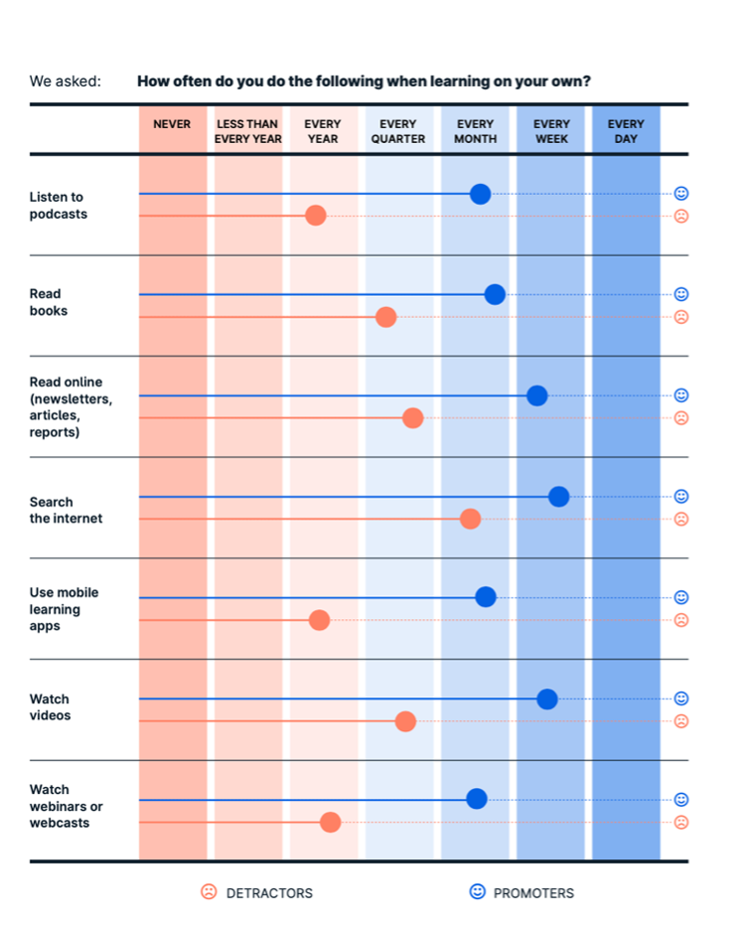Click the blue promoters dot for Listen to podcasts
tap(480, 194)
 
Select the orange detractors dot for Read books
tap(386, 317)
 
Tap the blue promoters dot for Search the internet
tap(558, 497)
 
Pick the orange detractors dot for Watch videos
tap(405, 721)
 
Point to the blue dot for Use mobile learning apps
tap(486, 597)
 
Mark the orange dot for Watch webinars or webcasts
tap(331, 822)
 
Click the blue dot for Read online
tap(537, 395)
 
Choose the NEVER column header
tap(172, 125)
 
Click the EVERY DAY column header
tap(626, 131)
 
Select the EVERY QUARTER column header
tap(398, 131)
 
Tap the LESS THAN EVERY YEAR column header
tap(248, 131)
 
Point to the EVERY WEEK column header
tap(551, 131)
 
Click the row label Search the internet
tap(66, 510)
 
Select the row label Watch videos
tap(50, 707)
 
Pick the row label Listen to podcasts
tap(59, 206)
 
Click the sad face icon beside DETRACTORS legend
tap(209, 892)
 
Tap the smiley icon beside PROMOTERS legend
tap(478, 892)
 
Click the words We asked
tap(66, 81)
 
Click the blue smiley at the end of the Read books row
tap(681, 294)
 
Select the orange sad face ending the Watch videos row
tap(681, 721)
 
